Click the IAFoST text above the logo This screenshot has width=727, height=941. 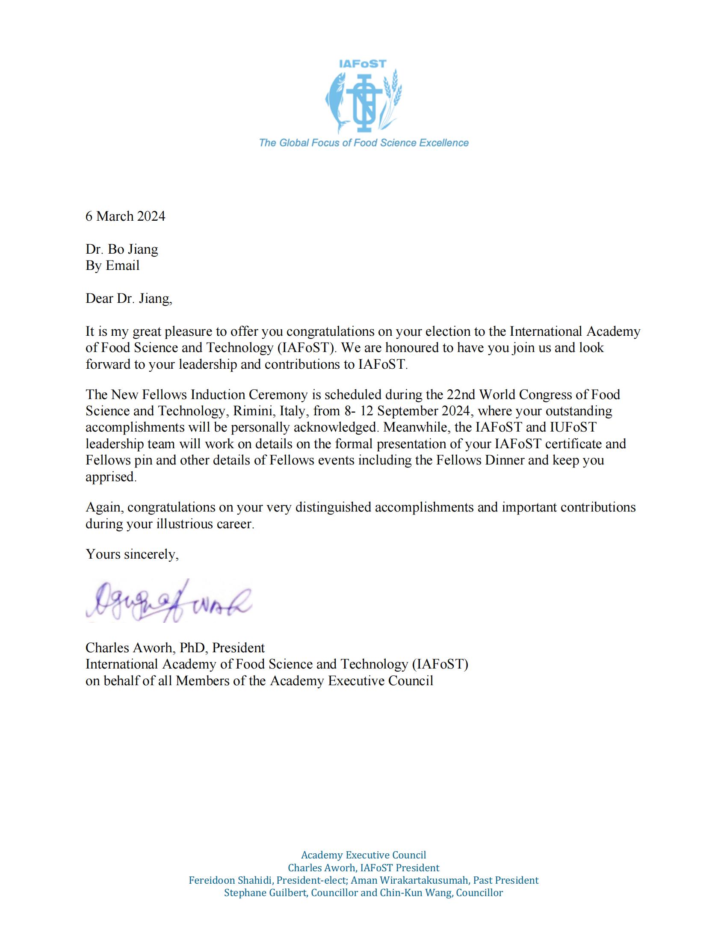pos(363,64)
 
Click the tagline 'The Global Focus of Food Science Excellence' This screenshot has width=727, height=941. pos(363,142)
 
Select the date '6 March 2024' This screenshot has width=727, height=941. pos(125,216)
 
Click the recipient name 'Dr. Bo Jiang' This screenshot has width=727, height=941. pos(122,249)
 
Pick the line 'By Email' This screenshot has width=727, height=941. pos(112,266)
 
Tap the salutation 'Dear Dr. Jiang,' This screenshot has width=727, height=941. pos(129,298)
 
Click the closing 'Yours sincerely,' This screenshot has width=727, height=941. pos(132,553)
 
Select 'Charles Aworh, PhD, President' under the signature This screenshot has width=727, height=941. pos(175,648)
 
